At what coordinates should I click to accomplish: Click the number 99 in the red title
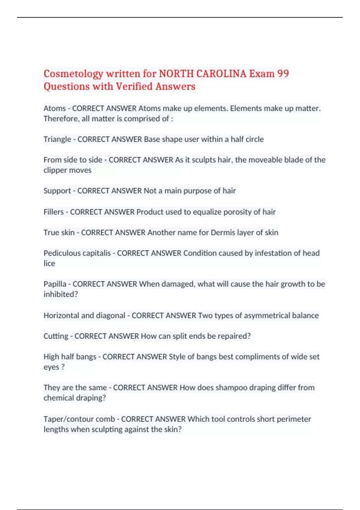pos(283,73)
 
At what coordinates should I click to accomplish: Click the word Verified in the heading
pos(134,86)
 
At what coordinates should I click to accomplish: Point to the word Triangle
pos(57,139)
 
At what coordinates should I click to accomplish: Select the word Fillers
pos(54,212)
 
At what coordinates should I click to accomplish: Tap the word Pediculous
pos(62,253)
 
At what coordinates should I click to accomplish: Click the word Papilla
pos(55,284)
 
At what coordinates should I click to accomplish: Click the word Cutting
pos(56,336)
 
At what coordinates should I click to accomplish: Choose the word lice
pos(49,263)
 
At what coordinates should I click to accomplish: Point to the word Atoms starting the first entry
pos(55,108)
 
